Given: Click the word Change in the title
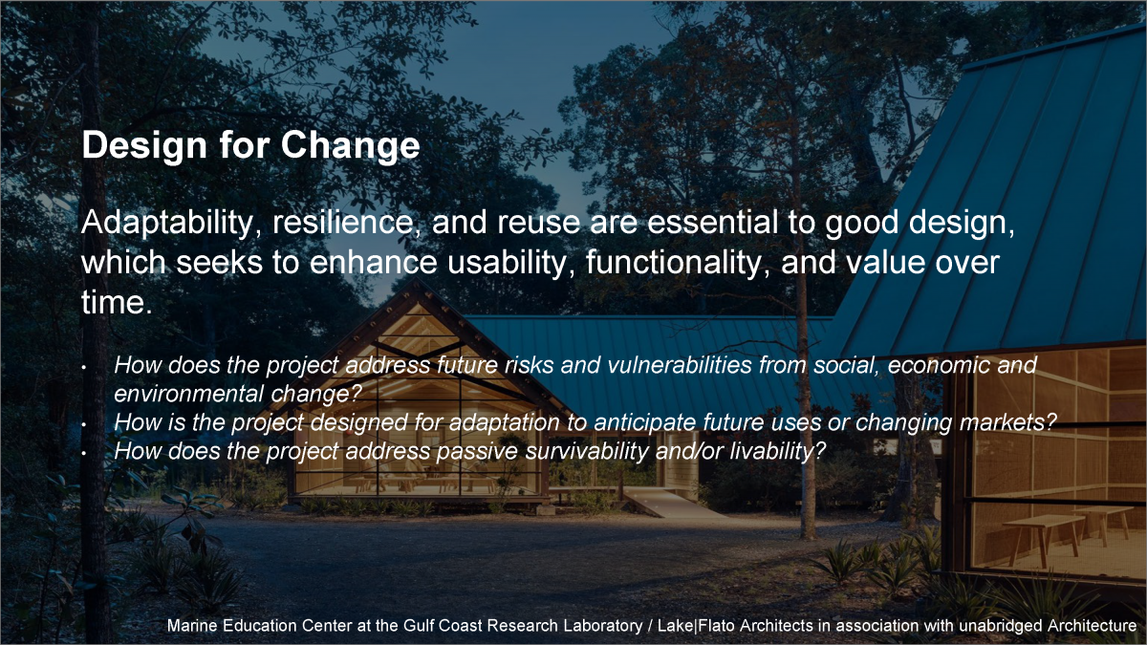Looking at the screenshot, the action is [x=350, y=145].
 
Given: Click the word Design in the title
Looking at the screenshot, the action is [x=144, y=145].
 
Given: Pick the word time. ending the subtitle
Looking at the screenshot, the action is [x=117, y=302].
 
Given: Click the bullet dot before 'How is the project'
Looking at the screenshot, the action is [x=83, y=424].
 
